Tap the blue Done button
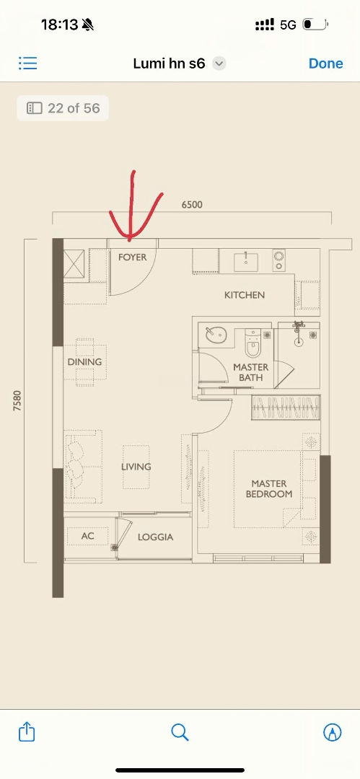[325, 63]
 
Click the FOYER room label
[132, 258]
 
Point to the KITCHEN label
[245, 295]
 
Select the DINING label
[84, 361]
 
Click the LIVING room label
[136, 467]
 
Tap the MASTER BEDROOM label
[269, 489]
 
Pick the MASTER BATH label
[251, 373]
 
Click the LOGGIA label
[155, 537]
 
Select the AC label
[87, 536]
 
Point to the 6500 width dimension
[192, 205]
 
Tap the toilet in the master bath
[253, 343]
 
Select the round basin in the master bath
[216, 335]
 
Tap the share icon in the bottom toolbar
[27, 731]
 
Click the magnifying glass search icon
[180, 732]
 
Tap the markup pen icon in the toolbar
[332, 732]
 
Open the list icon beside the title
[28, 63]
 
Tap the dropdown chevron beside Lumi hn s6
[219, 63]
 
